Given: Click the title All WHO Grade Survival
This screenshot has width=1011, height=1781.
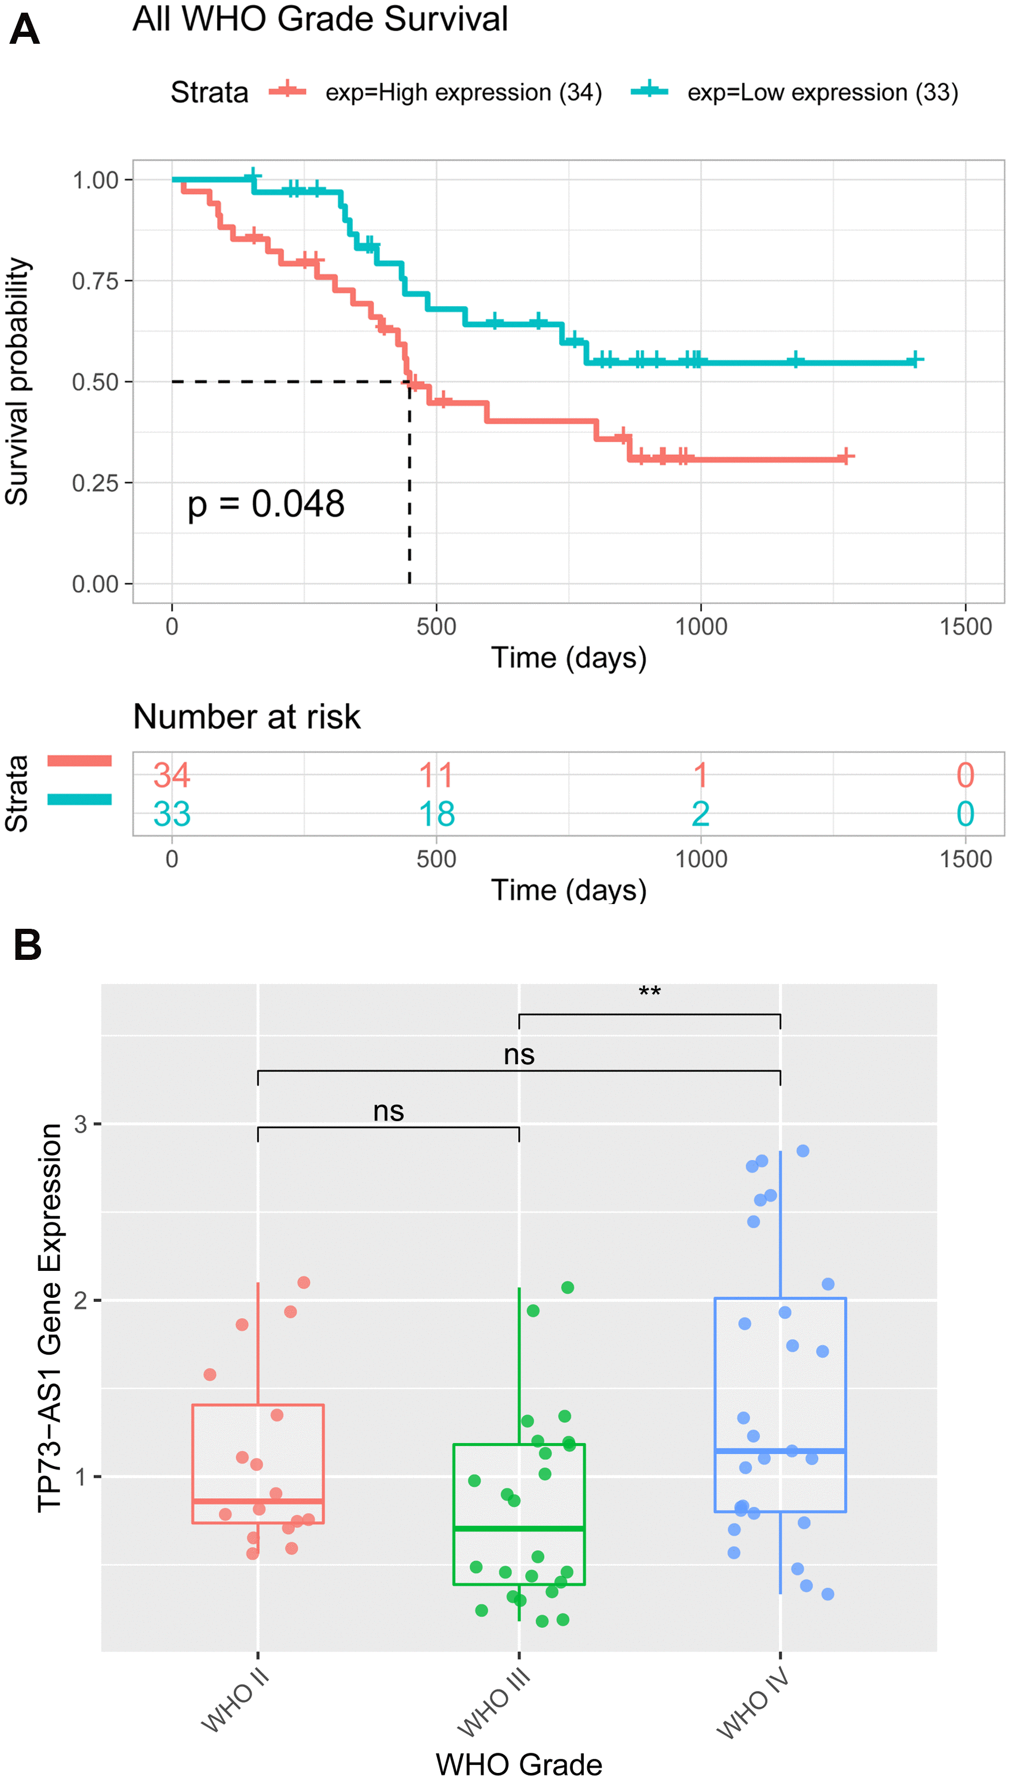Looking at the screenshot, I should pyautogui.click(x=320, y=19).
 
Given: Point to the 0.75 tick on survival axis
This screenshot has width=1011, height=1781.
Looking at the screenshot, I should pyautogui.click(x=95, y=281).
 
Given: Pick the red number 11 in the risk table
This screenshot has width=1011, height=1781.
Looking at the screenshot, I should pyautogui.click(x=436, y=775).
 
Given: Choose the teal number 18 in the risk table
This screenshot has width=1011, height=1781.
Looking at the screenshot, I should pyautogui.click(x=436, y=814).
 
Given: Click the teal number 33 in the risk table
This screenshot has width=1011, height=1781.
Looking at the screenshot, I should pyautogui.click(x=172, y=814).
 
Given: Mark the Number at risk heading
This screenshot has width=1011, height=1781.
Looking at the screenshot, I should pyautogui.click(x=246, y=716).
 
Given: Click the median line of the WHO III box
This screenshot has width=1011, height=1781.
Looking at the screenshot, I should pyautogui.click(x=519, y=1529).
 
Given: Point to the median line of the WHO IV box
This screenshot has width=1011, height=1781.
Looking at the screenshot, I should pyautogui.click(x=780, y=1451).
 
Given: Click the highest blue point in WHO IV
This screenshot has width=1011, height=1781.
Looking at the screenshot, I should pyautogui.click(x=803, y=1151).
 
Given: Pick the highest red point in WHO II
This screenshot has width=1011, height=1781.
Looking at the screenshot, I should pyautogui.click(x=303, y=1282).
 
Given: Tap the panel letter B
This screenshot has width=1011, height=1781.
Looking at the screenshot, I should pyautogui.click(x=27, y=945).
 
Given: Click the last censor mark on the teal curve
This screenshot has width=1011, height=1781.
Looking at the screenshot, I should pyautogui.click(x=915, y=360).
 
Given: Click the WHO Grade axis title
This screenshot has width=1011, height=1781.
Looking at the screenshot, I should pyautogui.click(x=519, y=1764).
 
